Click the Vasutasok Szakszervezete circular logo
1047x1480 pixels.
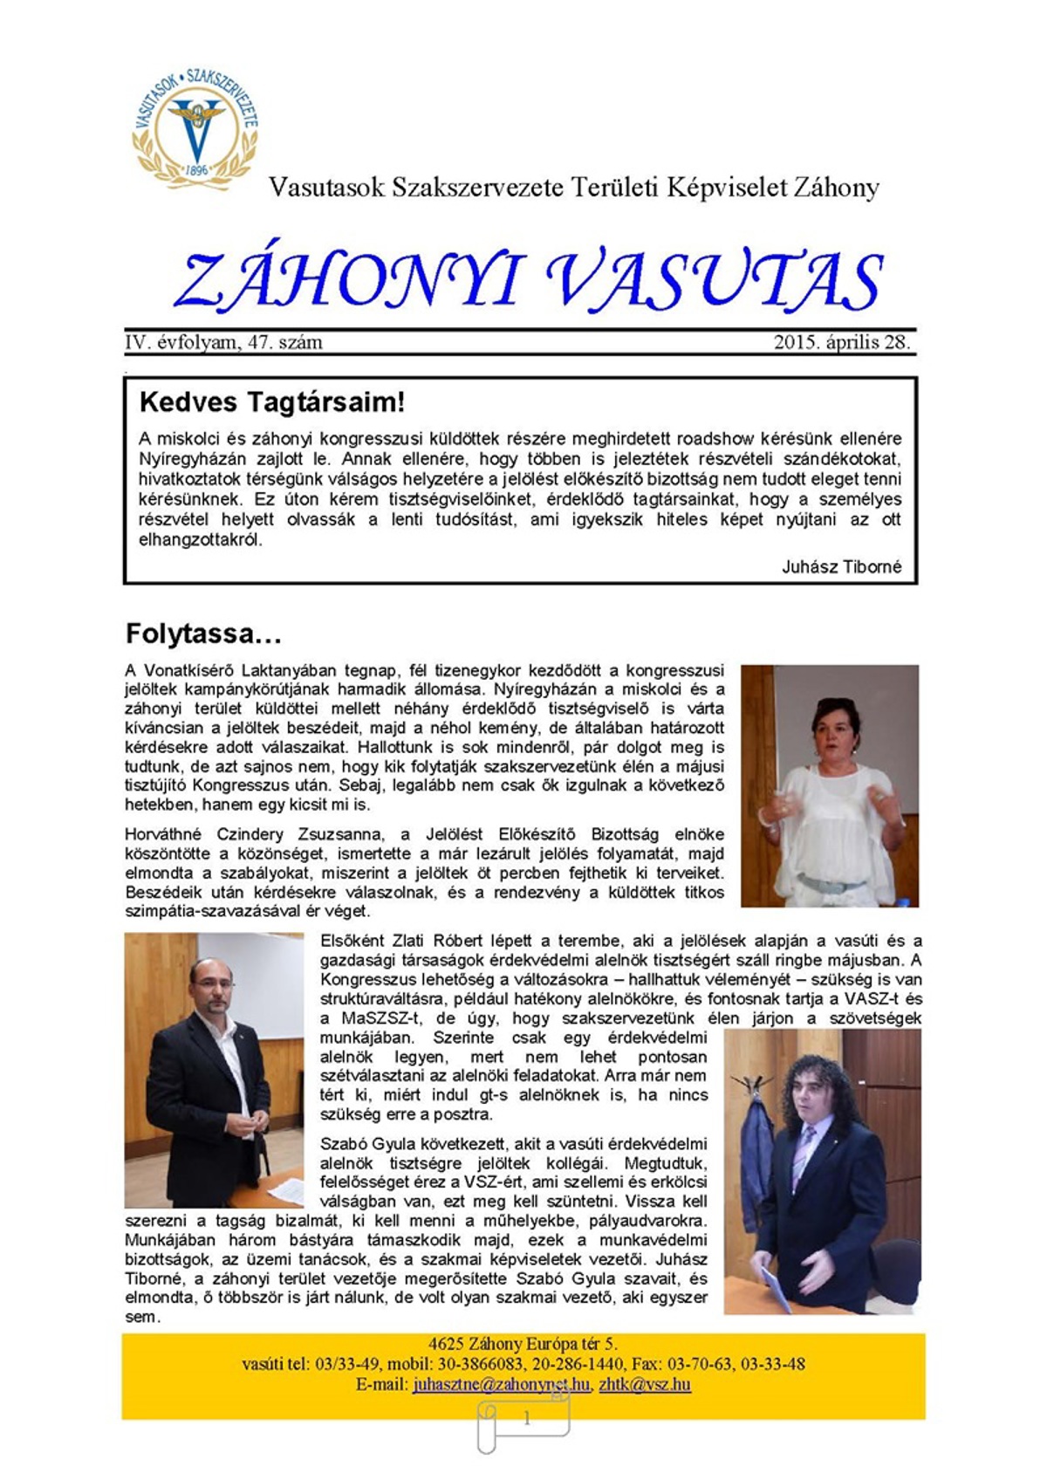[195, 127]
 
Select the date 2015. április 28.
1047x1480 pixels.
[841, 342]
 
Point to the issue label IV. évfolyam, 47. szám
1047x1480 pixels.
[223, 342]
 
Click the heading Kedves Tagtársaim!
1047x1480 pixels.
[271, 402]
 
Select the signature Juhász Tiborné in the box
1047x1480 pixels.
[841, 567]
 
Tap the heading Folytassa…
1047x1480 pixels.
[203, 634]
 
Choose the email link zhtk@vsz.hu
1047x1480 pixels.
[645, 1385]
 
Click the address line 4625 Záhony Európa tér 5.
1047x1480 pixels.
[523, 1344]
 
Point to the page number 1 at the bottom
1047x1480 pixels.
[526, 1419]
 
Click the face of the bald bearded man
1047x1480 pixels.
[214, 989]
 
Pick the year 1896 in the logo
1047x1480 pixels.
[197, 170]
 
